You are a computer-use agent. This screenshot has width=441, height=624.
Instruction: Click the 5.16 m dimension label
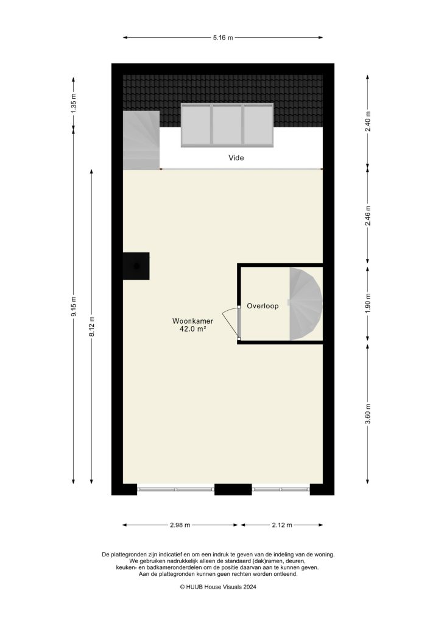tap(223, 38)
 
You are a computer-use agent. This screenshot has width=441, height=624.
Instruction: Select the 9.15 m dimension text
tap(74, 307)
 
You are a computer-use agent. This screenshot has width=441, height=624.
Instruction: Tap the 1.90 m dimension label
tap(367, 303)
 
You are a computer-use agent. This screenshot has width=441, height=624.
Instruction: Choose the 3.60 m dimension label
tap(367, 412)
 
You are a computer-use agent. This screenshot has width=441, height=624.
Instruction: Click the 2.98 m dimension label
tap(180, 525)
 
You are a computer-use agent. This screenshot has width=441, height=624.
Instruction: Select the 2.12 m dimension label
tap(281, 525)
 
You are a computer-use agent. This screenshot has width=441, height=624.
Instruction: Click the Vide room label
tap(236, 157)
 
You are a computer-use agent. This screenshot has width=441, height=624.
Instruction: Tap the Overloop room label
tap(263, 306)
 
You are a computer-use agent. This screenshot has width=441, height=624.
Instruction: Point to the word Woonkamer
tap(192, 321)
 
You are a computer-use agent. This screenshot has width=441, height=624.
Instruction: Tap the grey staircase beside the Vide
tap(141, 140)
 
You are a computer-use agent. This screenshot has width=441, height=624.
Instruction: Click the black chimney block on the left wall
tap(136, 266)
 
